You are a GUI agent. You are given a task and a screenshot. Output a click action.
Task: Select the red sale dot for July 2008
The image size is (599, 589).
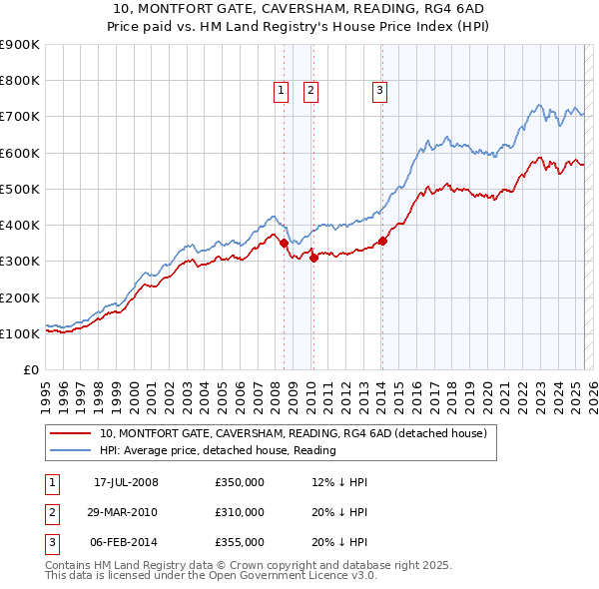[284, 243]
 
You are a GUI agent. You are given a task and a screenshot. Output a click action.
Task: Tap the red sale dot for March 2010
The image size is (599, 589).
[313, 258]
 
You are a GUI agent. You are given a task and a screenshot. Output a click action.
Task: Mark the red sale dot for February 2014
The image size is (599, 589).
[382, 241]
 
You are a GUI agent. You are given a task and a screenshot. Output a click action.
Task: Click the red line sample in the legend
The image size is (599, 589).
[70, 433]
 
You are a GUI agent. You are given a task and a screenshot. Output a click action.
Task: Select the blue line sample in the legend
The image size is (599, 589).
[70, 450]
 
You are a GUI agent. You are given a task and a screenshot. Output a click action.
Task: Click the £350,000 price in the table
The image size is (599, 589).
[240, 482]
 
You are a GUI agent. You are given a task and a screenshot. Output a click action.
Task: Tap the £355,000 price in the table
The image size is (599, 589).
[240, 542]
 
